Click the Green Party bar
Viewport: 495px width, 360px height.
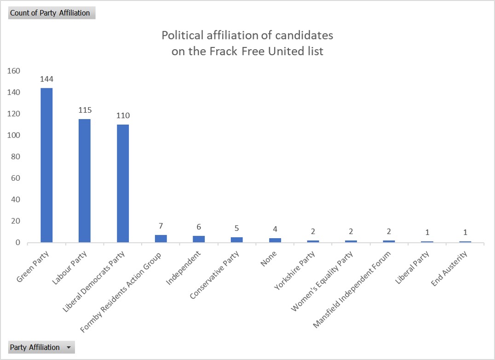46,165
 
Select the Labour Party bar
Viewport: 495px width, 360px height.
85,181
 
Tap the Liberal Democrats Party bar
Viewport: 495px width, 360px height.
123,183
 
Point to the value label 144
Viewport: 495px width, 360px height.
46,79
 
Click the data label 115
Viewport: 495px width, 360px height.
85,110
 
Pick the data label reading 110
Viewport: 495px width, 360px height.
123,115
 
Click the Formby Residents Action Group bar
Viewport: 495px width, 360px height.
161,239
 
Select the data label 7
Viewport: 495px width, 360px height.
161,226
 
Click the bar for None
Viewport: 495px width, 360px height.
275,240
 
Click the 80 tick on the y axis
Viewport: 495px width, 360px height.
16,157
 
